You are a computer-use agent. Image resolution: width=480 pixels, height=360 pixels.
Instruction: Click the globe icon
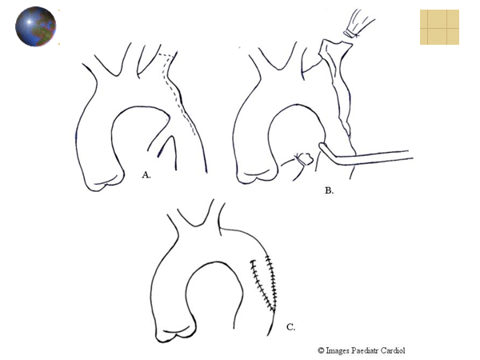coord(35,26)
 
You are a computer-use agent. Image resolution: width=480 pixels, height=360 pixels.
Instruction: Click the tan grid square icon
coord(439,27)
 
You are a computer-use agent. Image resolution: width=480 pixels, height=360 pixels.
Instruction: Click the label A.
coord(146,175)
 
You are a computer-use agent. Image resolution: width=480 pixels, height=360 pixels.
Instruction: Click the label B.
coord(329,190)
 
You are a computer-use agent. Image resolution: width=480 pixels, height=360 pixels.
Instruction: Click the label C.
coord(291,327)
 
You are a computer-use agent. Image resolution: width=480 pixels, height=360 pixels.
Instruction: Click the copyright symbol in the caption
coord(321,350)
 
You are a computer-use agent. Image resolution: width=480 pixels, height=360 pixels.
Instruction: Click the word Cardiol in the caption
coord(393,350)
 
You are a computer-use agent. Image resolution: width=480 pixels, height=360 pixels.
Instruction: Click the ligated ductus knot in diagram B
coord(303,159)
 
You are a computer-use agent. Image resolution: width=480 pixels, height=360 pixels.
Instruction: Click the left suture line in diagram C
coord(260,283)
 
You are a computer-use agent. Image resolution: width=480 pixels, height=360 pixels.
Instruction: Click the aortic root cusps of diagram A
coord(104,182)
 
